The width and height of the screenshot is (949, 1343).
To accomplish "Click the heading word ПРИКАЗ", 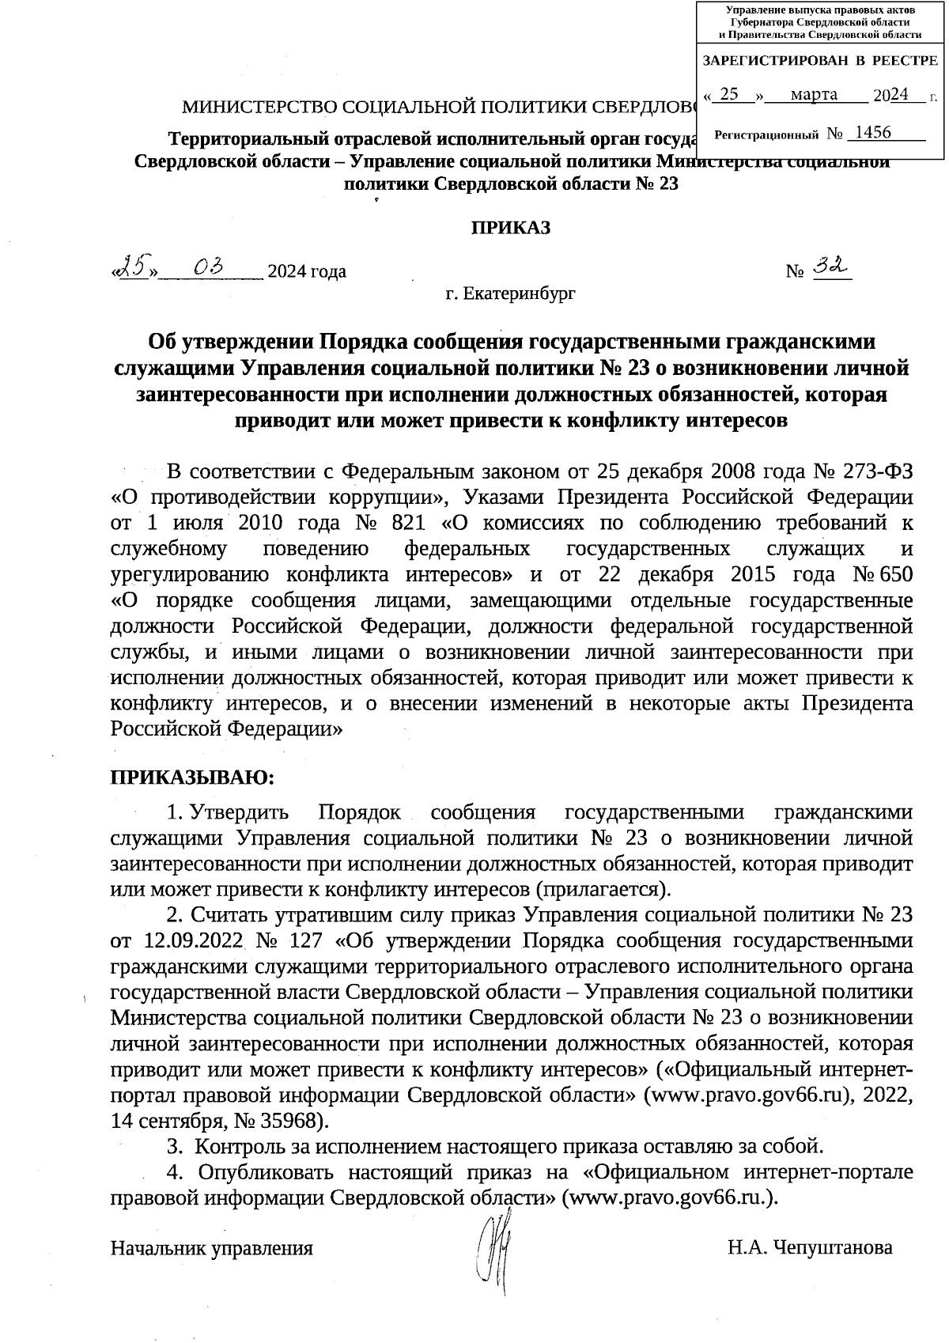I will [511, 228].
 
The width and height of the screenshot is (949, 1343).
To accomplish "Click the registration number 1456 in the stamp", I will [868, 133].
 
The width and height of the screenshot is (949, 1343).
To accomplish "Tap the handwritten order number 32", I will [830, 270].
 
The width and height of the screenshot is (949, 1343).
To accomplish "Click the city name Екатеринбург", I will [520, 294].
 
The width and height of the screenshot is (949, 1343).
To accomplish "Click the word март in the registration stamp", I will [814, 95].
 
